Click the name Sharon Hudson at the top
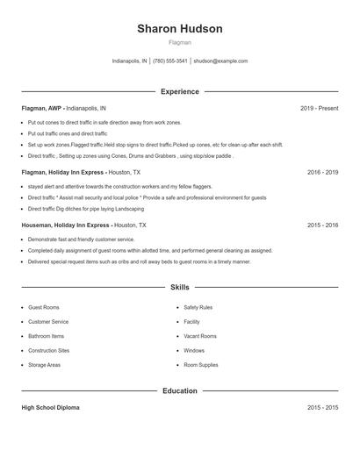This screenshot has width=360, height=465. pyautogui.click(x=180, y=28)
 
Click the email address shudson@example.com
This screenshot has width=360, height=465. pyautogui.click(x=220, y=61)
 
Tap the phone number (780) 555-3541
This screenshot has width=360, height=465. pyautogui.click(x=169, y=61)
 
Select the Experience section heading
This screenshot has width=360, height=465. pyautogui.click(x=180, y=91)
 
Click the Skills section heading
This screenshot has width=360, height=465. pyautogui.click(x=180, y=287)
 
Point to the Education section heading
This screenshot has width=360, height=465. pyautogui.click(x=180, y=390)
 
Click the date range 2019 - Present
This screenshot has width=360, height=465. pyautogui.click(x=319, y=108)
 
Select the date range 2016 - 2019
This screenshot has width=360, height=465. pyautogui.click(x=322, y=173)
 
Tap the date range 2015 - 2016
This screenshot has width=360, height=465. pyautogui.click(x=322, y=225)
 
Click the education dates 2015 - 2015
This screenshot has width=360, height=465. pyautogui.click(x=322, y=408)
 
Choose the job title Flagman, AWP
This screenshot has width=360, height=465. pyautogui.click(x=41, y=108)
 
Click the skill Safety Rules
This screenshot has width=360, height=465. pyautogui.click(x=198, y=308)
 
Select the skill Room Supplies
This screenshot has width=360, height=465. pyautogui.click(x=201, y=364)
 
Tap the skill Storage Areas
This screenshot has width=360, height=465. pyautogui.click(x=44, y=364)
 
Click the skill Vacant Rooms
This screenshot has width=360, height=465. pyautogui.click(x=200, y=336)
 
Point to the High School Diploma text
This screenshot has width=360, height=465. pyautogui.click(x=52, y=408)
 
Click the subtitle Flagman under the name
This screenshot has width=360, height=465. pyautogui.click(x=180, y=42)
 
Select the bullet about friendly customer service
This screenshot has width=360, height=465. pyautogui.click(x=74, y=239)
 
